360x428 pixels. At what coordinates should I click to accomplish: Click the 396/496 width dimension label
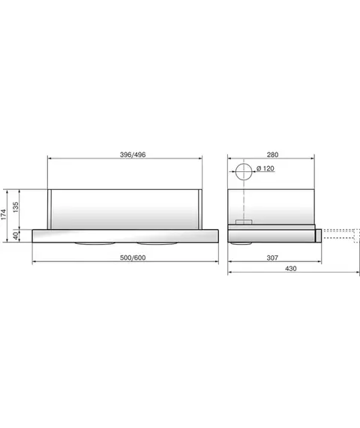pyautogui.click(x=133, y=155)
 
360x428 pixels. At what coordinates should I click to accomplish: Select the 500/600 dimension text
pyautogui.click(x=133, y=258)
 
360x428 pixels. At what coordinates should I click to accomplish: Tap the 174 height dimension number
pyautogui.click(x=3, y=215)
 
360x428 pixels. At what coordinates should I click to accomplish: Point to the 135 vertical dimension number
pyautogui.click(x=16, y=207)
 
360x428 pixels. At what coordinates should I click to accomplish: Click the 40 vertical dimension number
pyautogui.click(x=16, y=236)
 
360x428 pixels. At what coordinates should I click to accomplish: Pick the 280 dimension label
pyautogui.click(x=272, y=155)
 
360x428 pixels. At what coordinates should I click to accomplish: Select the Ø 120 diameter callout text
pyautogui.click(x=265, y=168)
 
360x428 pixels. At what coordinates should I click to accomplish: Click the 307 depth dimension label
pyautogui.click(x=272, y=258)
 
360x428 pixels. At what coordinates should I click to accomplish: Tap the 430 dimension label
pyautogui.click(x=291, y=269)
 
